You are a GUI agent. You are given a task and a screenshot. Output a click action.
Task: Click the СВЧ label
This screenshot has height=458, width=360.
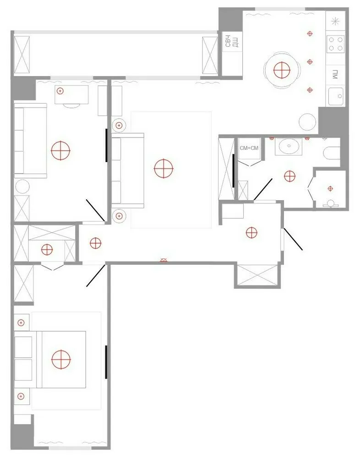(x=227, y=41)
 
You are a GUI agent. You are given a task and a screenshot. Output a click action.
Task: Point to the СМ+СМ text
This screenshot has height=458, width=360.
(x=249, y=148)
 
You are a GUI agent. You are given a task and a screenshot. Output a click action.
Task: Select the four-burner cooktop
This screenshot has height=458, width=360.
(x=336, y=44)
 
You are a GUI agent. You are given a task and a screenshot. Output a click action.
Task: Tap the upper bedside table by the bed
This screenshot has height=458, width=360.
(x=21, y=322)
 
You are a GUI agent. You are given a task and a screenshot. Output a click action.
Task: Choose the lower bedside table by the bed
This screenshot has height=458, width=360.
(x=21, y=396)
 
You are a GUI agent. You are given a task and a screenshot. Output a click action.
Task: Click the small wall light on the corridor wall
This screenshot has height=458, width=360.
(x=164, y=261)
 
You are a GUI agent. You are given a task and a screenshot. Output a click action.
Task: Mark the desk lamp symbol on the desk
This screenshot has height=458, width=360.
(x=60, y=91)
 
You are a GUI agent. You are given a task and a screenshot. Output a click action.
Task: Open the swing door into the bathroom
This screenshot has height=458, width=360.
(x=262, y=189)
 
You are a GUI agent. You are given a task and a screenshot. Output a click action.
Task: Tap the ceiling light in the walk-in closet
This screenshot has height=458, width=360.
(x=47, y=250)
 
